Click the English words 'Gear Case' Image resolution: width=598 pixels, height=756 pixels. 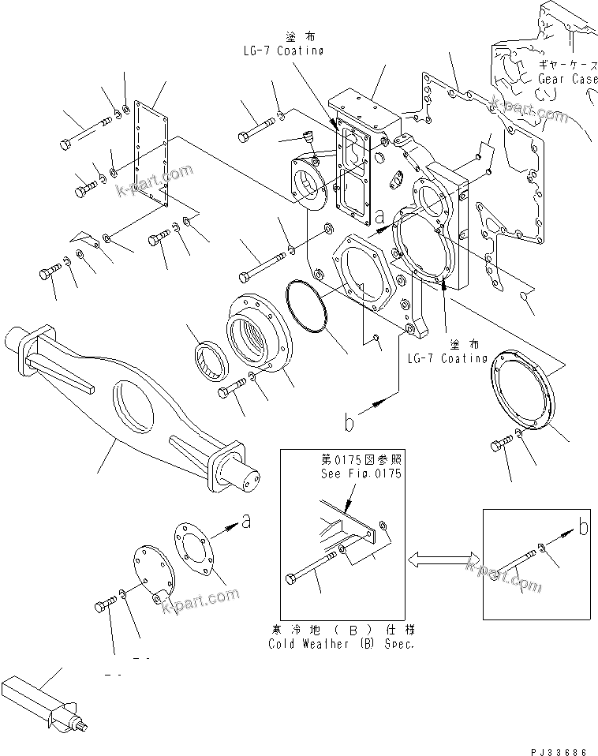tap(567, 79)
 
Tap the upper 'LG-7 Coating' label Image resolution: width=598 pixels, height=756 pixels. tap(283, 51)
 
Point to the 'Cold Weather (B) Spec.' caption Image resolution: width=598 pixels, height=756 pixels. tap(341, 643)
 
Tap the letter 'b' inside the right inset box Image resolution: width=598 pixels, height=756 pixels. tap(583, 528)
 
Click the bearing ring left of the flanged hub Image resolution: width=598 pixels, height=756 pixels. tap(212, 356)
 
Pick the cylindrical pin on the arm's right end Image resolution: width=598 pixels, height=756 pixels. tap(249, 476)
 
